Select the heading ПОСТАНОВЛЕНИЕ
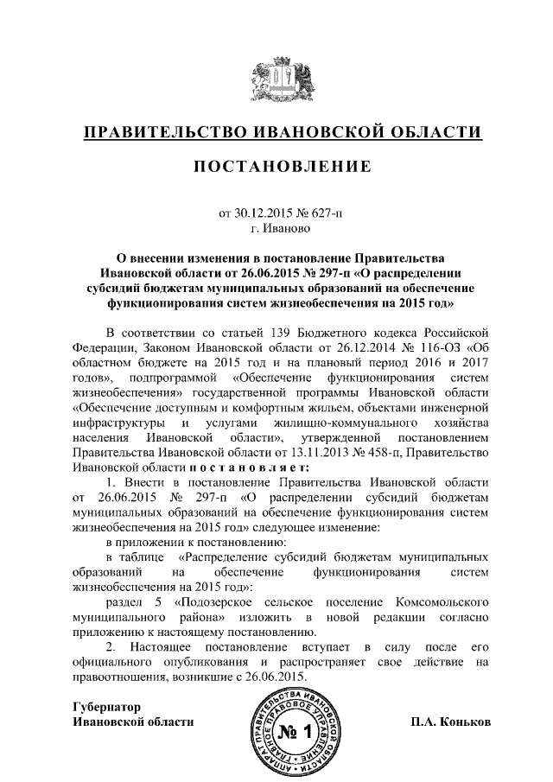276,165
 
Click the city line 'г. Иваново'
276,229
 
